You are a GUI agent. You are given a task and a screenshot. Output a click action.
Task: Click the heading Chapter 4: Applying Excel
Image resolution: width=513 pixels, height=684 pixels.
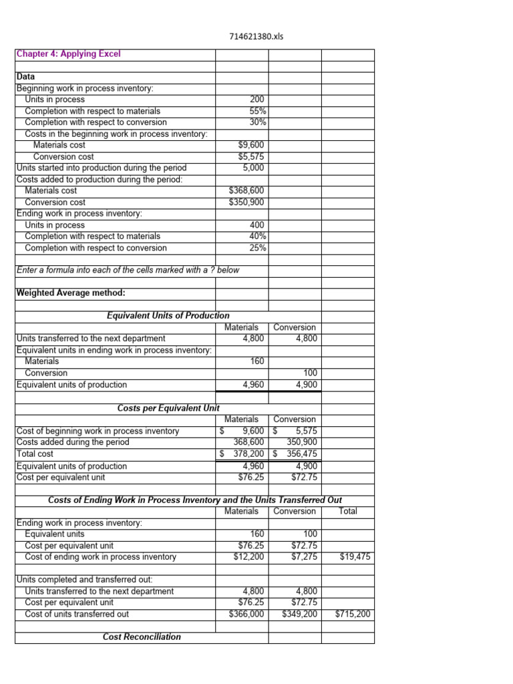(68, 54)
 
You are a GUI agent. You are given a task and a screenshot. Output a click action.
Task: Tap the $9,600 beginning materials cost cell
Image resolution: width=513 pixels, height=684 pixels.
(252, 145)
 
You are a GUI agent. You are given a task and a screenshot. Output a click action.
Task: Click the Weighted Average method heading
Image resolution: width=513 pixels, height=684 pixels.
(71, 293)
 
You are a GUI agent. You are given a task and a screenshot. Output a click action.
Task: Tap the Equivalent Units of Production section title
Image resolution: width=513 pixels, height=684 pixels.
(168, 315)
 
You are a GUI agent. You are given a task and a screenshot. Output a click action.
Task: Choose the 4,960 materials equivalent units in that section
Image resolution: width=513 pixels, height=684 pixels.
(252, 385)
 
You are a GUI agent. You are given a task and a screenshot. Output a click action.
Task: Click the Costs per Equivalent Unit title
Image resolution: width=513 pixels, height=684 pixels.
(168, 407)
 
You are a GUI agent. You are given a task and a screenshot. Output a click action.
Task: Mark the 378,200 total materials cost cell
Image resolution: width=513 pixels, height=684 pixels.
(249, 454)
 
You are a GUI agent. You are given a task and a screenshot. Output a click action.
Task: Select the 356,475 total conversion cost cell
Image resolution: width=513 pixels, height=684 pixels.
(301, 454)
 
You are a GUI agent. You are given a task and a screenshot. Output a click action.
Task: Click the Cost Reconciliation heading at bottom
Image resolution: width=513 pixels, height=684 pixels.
(142, 637)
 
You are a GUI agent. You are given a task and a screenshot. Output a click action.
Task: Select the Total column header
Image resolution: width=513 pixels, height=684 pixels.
(348, 511)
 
